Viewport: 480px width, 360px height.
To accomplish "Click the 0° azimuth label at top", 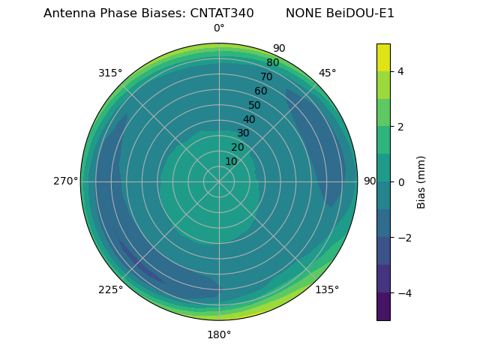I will (x=219, y=28).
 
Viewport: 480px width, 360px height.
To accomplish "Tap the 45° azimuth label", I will (x=328, y=73).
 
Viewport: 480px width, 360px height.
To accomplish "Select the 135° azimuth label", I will (x=327, y=289).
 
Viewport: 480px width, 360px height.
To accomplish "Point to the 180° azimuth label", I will (x=219, y=334).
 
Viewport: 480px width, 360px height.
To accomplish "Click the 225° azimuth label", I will (x=110, y=289).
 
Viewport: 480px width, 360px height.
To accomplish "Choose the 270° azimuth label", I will (x=66, y=181).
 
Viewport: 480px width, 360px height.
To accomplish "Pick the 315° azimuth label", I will (x=110, y=73).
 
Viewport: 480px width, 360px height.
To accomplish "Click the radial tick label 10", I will (x=231, y=161).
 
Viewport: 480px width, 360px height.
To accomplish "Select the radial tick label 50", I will (x=255, y=105).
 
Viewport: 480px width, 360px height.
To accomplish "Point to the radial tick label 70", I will (x=266, y=76).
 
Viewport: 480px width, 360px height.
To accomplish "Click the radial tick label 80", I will (x=272, y=62).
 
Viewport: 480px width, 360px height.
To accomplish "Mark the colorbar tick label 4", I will (x=401, y=71).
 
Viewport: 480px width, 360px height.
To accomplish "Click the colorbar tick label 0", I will (x=401, y=181).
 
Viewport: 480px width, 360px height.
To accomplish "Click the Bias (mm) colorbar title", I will (x=421, y=181).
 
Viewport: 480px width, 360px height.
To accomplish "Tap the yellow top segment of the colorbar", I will (x=383, y=57).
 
